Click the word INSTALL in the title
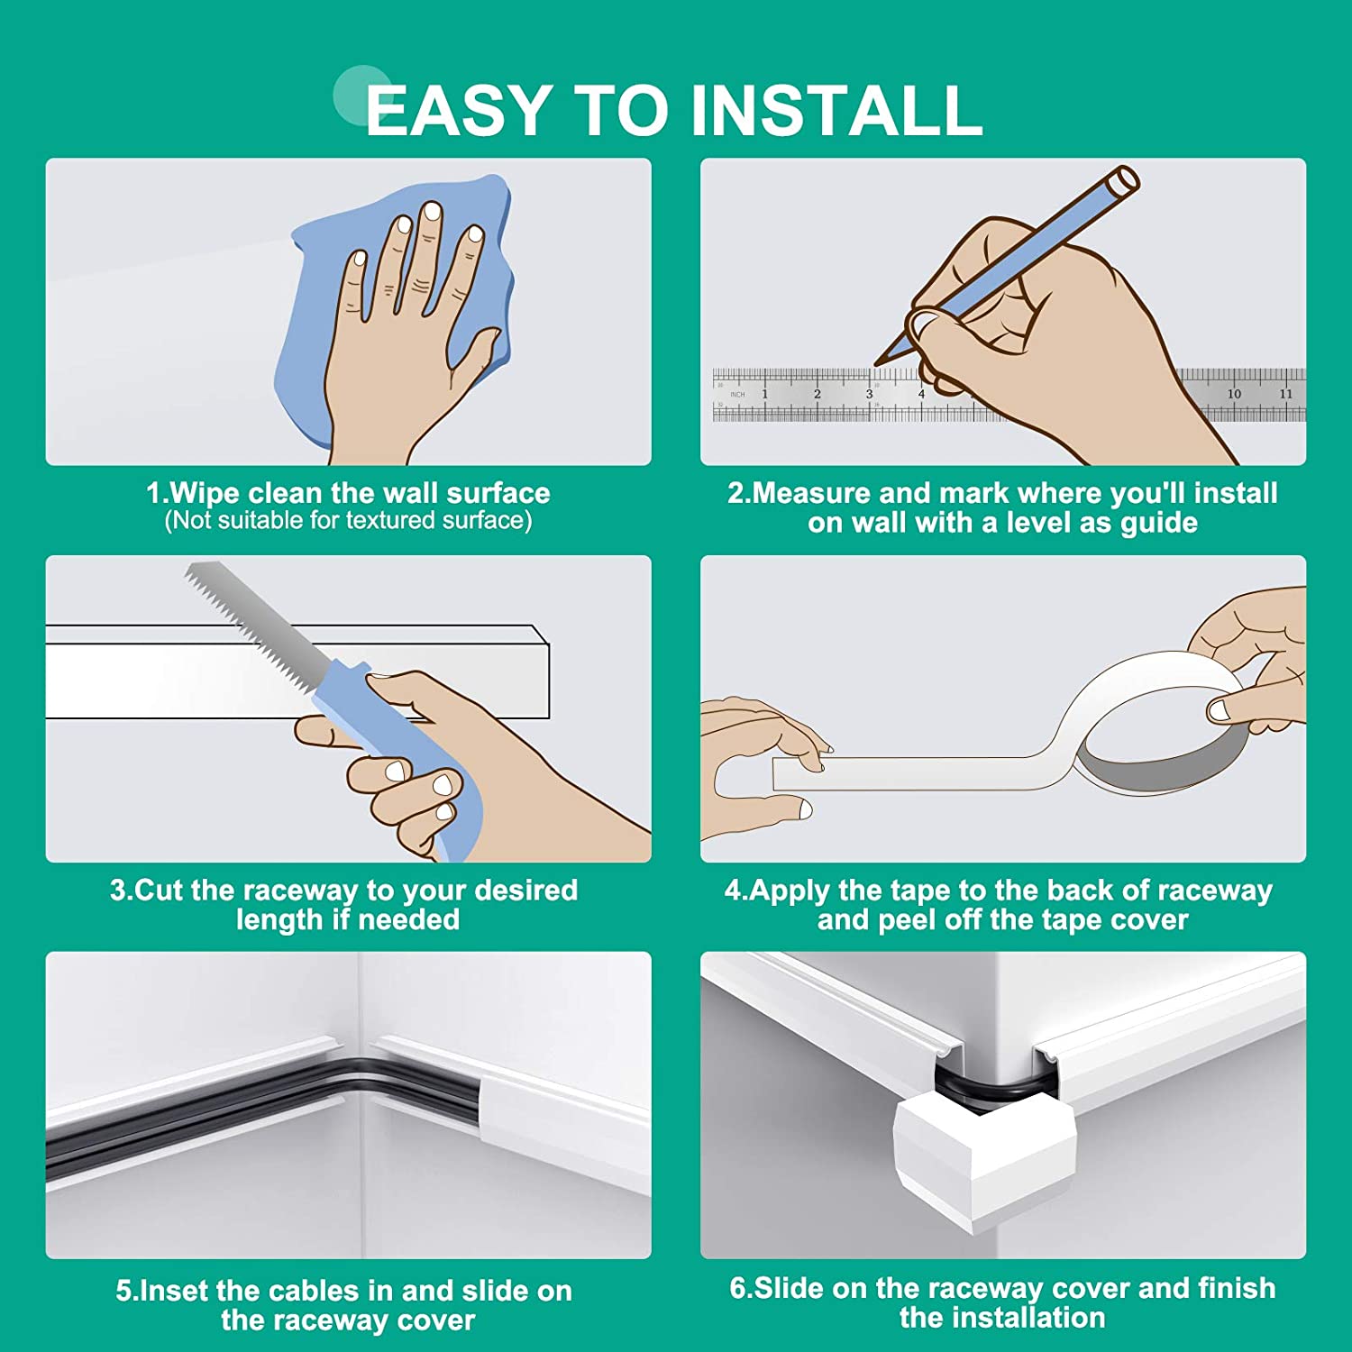(x=836, y=110)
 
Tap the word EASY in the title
(x=459, y=110)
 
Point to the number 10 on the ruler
(x=1234, y=394)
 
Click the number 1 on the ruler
(x=765, y=394)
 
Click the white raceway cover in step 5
(x=563, y=1127)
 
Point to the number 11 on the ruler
(x=1286, y=394)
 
